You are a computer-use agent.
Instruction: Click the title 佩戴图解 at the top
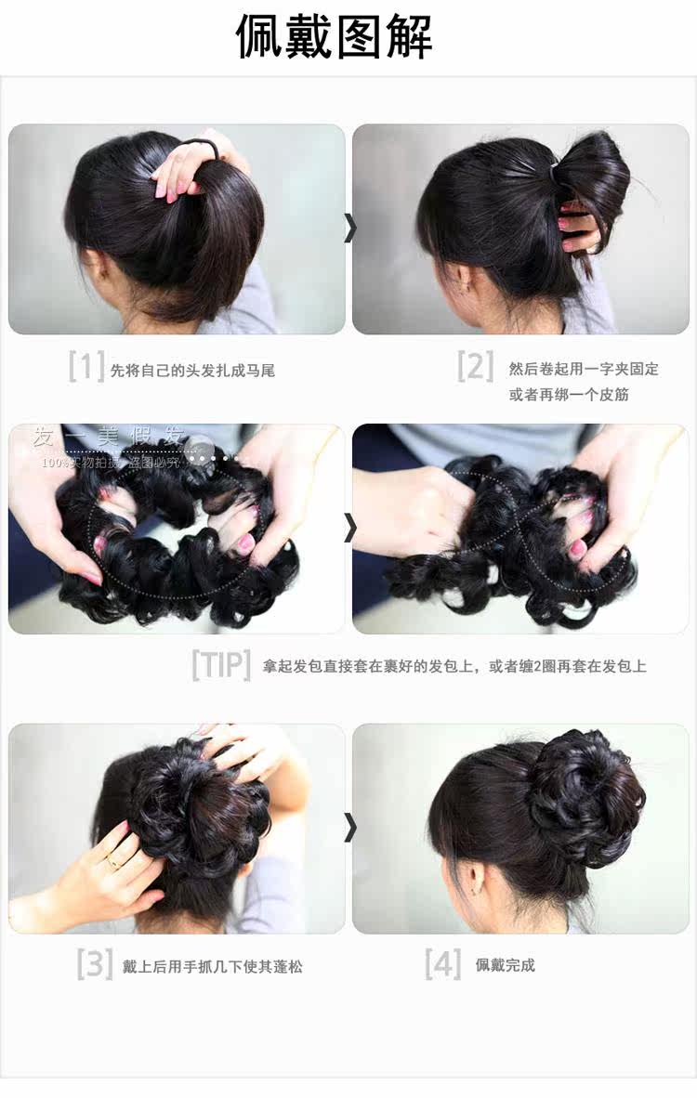(x=334, y=38)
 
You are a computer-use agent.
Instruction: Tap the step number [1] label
(x=85, y=366)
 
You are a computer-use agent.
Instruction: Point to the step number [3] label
(x=94, y=963)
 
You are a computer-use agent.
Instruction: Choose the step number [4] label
(x=442, y=963)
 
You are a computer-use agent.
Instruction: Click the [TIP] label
(x=221, y=665)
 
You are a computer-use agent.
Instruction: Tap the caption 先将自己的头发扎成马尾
(x=192, y=371)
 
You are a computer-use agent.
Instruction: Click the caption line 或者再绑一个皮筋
(x=569, y=395)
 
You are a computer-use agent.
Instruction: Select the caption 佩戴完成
(x=506, y=965)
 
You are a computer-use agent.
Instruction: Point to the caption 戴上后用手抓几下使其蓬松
(x=213, y=967)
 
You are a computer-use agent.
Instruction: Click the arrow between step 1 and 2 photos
(x=349, y=228)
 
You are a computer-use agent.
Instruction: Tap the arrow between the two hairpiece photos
(x=349, y=528)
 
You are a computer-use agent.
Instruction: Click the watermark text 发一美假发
(x=109, y=438)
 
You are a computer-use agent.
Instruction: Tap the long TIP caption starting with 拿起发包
(x=454, y=666)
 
